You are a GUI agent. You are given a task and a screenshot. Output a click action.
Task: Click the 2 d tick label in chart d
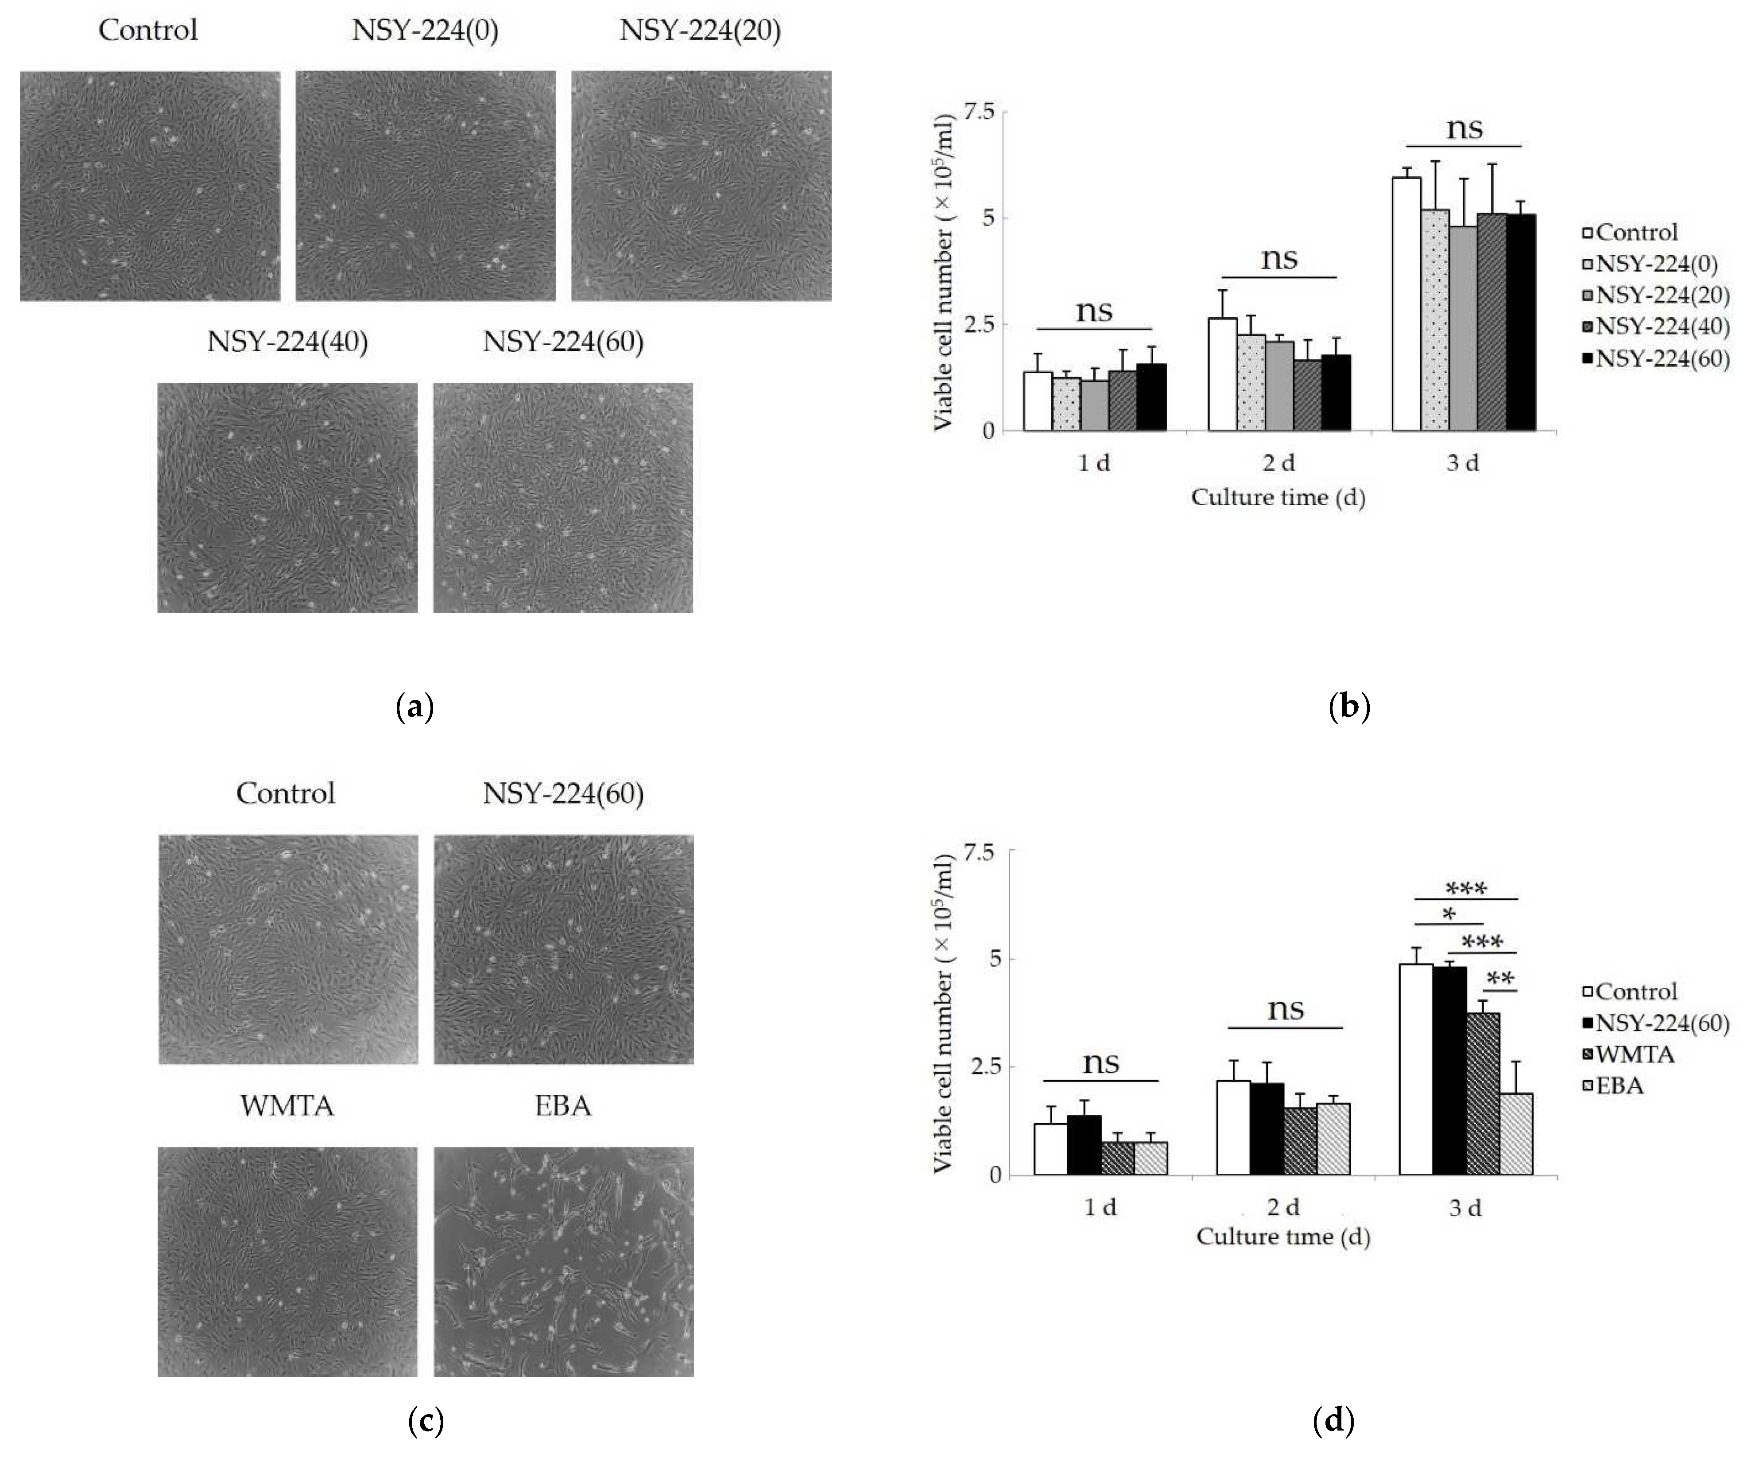coord(1283,1207)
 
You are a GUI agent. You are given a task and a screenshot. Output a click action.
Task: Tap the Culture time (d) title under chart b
coord(1278,498)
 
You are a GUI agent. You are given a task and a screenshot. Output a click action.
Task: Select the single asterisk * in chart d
coord(1449,914)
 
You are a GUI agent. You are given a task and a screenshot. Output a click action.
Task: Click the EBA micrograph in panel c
coord(563,1262)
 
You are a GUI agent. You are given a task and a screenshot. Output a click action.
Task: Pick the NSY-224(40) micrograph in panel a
coord(287,498)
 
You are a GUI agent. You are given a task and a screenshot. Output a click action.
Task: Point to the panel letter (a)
coord(415,707)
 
